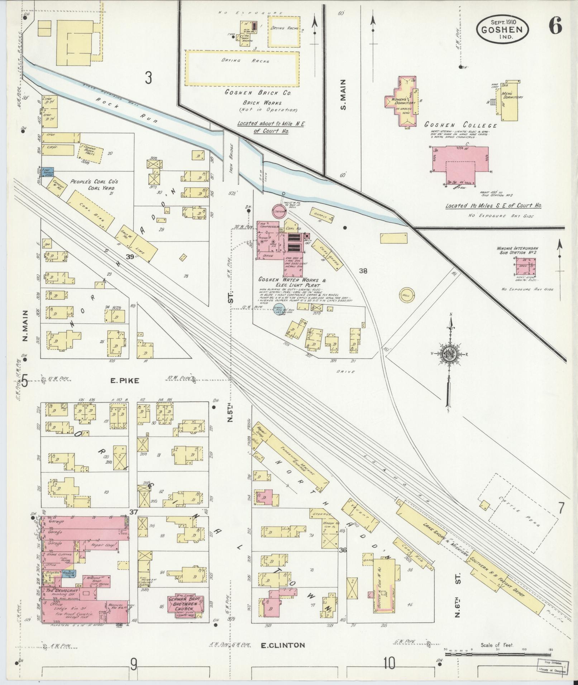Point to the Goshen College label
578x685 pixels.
(460, 125)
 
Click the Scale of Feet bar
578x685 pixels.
(498, 654)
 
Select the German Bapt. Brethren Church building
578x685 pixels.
(186, 606)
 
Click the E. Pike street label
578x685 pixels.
(124, 381)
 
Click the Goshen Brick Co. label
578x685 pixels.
(257, 92)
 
